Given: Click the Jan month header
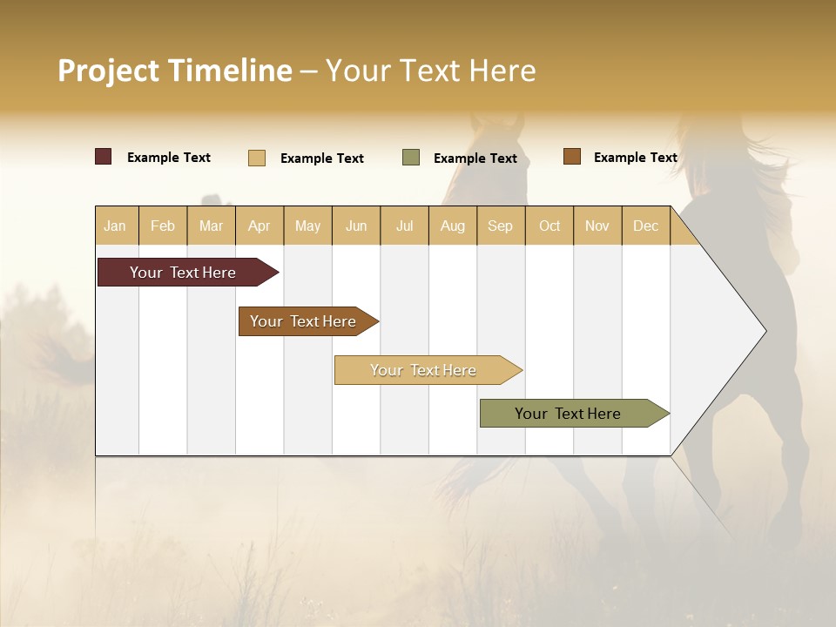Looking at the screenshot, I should pyautogui.click(x=115, y=226).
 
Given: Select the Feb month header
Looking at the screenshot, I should pyautogui.click(x=163, y=226).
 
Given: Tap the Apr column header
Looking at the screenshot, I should pyautogui.click(x=259, y=226).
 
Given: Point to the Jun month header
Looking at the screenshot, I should pyautogui.click(x=356, y=226).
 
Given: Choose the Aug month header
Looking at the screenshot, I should pyautogui.click(x=452, y=226).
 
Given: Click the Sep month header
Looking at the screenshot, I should pyautogui.click(x=500, y=226).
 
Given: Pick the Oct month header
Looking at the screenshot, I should pyautogui.click(x=549, y=226).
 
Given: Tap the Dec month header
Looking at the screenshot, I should pyautogui.click(x=645, y=226).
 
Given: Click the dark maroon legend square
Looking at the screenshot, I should pyautogui.click(x=104, y=157).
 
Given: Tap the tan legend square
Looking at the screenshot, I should pyautogui.click(x=257, y=158).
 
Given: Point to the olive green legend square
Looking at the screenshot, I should pyautogui.click(x=411, y=158).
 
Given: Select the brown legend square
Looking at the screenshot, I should pyautogui.click(x=572, y=157).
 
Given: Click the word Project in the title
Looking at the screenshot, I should pyautogui.click(x=108, y=71).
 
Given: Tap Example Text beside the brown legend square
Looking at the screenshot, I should pyautogui.click(x=635, y=158).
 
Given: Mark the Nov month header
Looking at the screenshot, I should pyautogui.click(x=597, y=226).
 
